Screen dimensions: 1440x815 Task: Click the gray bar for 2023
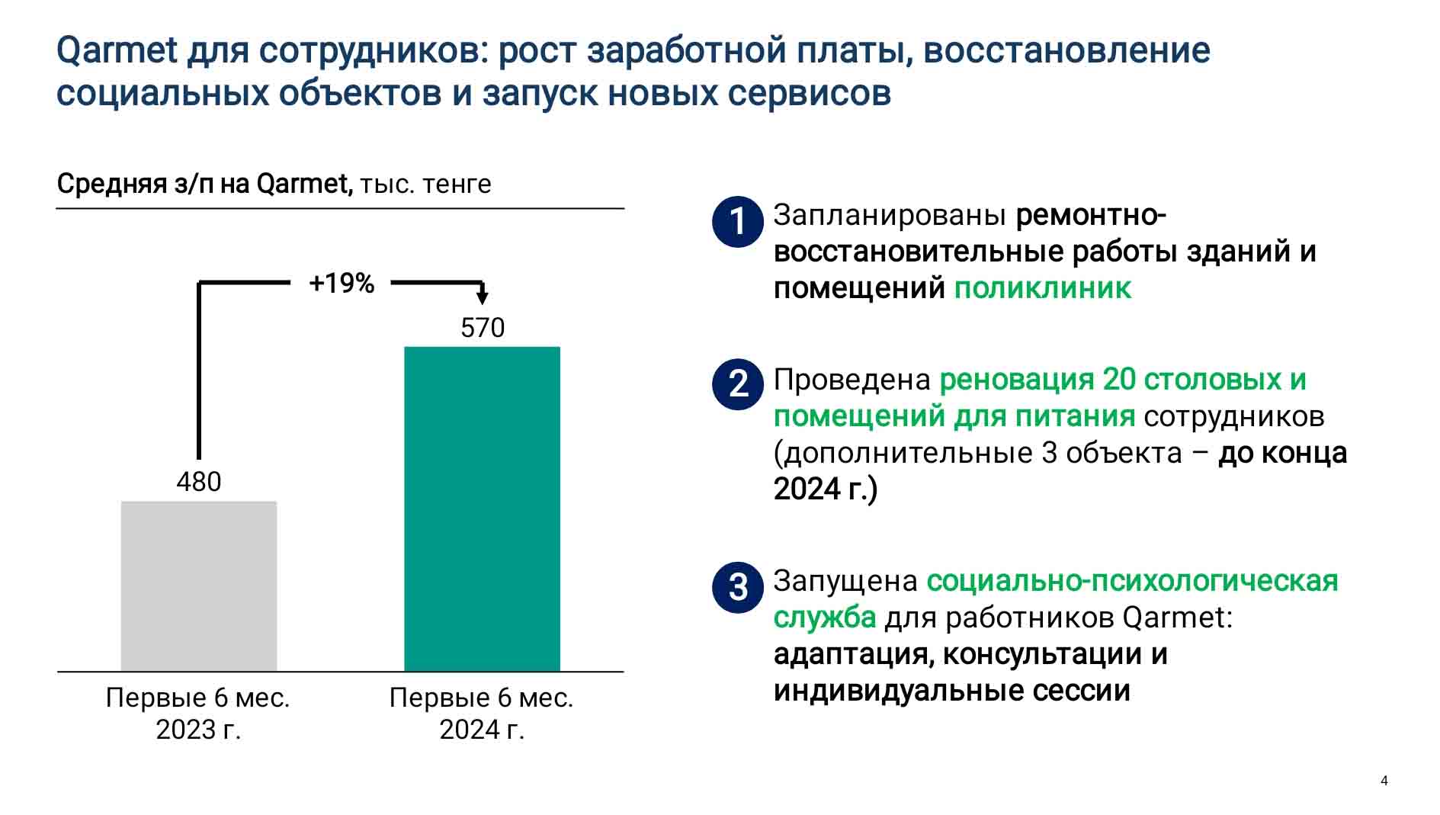tap(199, 586)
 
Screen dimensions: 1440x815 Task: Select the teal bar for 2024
tap(482, 509)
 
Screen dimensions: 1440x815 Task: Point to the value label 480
tap(199, 482)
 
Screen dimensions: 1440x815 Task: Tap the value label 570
tap(483, 328)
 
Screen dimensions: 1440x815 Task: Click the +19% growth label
tap(342, 284)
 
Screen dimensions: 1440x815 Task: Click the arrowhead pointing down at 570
tap(482, 296)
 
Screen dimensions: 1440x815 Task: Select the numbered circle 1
tap(738, 221)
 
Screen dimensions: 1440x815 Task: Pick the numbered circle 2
tap(738, 384)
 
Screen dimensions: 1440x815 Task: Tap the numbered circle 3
tap(738, 587)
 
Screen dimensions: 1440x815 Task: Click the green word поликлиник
tap(1043, 288)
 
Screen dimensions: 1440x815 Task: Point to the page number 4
tap(1384, 781)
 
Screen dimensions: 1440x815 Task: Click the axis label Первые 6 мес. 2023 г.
tap(198, 714)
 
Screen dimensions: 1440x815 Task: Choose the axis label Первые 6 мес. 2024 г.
tap(482, 714)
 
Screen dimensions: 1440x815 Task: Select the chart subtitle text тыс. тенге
tap(425, 184)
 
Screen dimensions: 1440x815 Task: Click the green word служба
tap(825, 618)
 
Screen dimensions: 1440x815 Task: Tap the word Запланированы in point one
tap(890, 216)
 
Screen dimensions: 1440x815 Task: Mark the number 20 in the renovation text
tap(1119, 379)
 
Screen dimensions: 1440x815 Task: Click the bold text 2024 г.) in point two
tap(826, 489)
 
